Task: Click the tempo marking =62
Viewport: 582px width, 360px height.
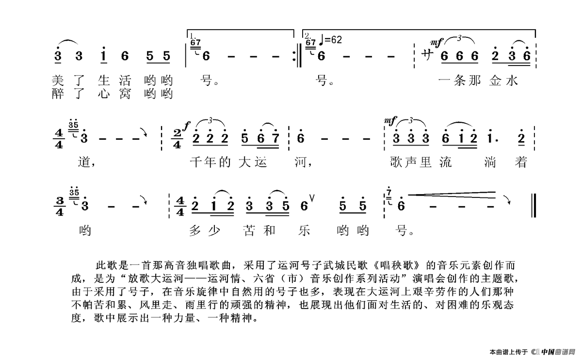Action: [332, 40]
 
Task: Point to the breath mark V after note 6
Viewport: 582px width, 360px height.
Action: [312, 198]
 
